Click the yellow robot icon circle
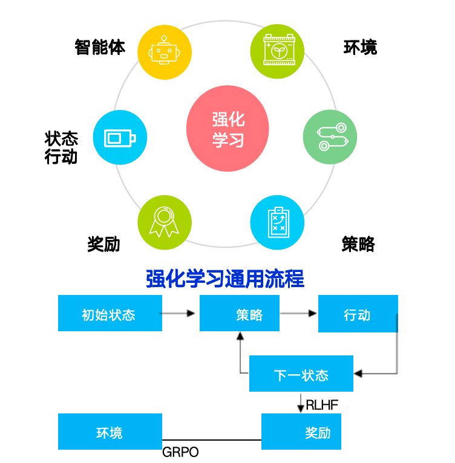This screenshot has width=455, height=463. [x=165, y=51]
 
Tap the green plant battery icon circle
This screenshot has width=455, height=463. [x=277, y=51]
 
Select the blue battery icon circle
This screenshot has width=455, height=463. [x=120, y=137]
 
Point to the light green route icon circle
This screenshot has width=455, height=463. [x=330, y=137]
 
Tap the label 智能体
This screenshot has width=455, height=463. [x=100, y=47]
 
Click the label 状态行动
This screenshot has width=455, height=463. [x=62, y=147]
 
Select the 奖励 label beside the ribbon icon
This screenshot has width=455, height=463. [x=104, y=244]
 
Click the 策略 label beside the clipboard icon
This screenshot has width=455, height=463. [x=358, y=244]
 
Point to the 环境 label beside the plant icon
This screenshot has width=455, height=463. [x=361, y=47]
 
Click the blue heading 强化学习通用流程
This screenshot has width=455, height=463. [x=225, y=279]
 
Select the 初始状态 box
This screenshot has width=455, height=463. [x=110, y=313]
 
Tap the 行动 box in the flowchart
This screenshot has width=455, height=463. [x=358, y=314]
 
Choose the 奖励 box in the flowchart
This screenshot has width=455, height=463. [x=301, y=432]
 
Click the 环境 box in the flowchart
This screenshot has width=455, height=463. [x=110, y=432]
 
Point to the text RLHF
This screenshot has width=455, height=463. [x=322, y=405]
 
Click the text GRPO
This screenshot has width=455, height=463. [x=180, y=452]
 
